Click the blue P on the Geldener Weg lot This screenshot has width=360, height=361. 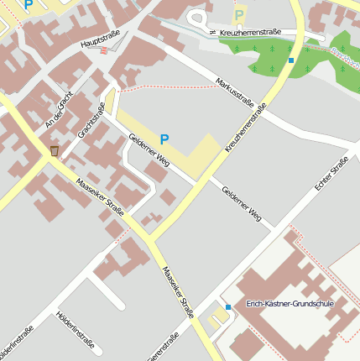click(164, 139)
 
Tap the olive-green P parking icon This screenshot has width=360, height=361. click(239, 14)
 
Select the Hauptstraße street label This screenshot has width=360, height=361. click(101, 39)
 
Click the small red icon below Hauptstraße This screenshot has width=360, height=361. click(103, 50)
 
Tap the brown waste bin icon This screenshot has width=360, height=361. click(55, 150)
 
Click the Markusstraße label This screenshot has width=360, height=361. click(234, 92)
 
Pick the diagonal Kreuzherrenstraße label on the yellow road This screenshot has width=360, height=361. click(246, 127)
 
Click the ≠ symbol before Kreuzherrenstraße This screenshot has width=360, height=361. click(213, 32)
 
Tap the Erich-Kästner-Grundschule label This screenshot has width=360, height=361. click(289, 303)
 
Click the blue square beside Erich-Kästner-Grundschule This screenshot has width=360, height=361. click(228, 307)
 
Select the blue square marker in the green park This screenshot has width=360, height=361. click(290, 60)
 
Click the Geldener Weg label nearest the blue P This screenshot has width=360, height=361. click(148, 149)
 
